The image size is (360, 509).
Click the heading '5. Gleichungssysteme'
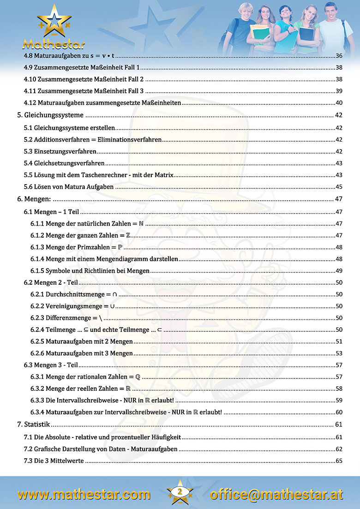click(50, 115)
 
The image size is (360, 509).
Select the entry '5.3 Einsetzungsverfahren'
click(60, 151)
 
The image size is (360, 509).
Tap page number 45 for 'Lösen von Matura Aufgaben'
click(339, 187)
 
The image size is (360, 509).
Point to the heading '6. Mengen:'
click(34, 199)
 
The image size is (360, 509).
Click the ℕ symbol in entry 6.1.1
click(141, 223)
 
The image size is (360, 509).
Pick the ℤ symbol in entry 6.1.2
click(128, 235)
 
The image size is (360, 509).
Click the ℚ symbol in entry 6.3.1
click(138, 377)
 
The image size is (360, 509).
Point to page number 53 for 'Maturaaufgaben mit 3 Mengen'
click(339, 353)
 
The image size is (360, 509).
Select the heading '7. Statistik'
click(34, 424)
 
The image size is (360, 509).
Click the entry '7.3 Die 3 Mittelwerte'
click(54, 461)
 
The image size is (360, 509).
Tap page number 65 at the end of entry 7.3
click(339, 461)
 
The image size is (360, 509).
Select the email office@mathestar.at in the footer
click(276, 495)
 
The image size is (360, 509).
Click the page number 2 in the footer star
click(180, 492)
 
